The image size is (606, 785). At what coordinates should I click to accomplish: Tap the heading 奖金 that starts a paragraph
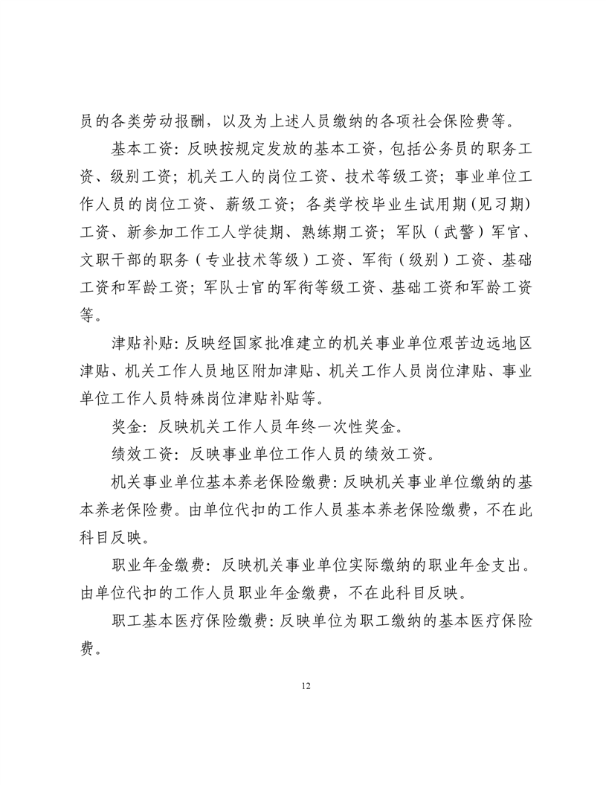click(x=123, y=428)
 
